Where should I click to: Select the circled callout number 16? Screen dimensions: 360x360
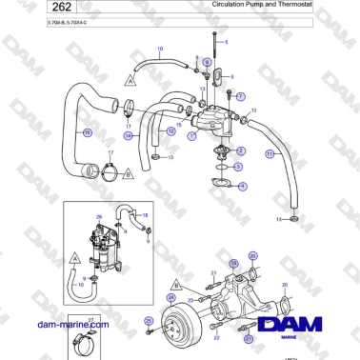87,131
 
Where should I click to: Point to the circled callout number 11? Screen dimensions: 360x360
270,153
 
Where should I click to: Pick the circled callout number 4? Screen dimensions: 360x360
243,186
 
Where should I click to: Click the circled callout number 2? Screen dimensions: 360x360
241,151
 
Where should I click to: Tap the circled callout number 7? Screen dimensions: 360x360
241,96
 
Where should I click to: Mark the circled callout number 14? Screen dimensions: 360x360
128,136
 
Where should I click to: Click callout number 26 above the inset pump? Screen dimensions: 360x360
98,217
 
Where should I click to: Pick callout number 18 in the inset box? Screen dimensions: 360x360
145,217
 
